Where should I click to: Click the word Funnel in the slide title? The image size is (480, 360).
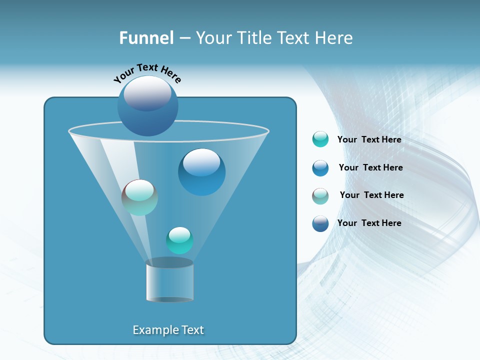(x=146, y=38)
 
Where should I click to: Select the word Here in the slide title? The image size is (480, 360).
(x=334, y=38)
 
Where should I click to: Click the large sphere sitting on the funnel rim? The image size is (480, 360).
(x=147, y=106)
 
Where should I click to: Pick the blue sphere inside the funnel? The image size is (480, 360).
(x=201, y=172)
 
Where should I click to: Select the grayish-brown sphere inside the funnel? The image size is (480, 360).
(x=139, y=197)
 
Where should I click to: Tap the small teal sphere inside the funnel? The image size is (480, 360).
(x=179, y=240)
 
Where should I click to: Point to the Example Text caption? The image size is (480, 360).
(x=168, y=330)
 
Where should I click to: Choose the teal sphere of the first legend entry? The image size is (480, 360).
(x=320, y=139)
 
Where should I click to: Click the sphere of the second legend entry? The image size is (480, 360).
(x=320, y=168)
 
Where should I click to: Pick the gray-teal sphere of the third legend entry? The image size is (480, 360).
(x=320, y=196)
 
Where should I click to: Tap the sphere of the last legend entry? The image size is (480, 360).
(x=320, y=223)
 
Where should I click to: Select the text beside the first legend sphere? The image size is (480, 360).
(x=369, y=139)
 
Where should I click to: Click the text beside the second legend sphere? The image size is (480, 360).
(x=370, y=167)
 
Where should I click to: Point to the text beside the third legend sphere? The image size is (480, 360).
(x=371, y=195)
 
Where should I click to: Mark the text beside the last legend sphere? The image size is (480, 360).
(x=369, y=223)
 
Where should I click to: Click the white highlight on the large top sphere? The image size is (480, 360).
(x=147, y=92)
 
